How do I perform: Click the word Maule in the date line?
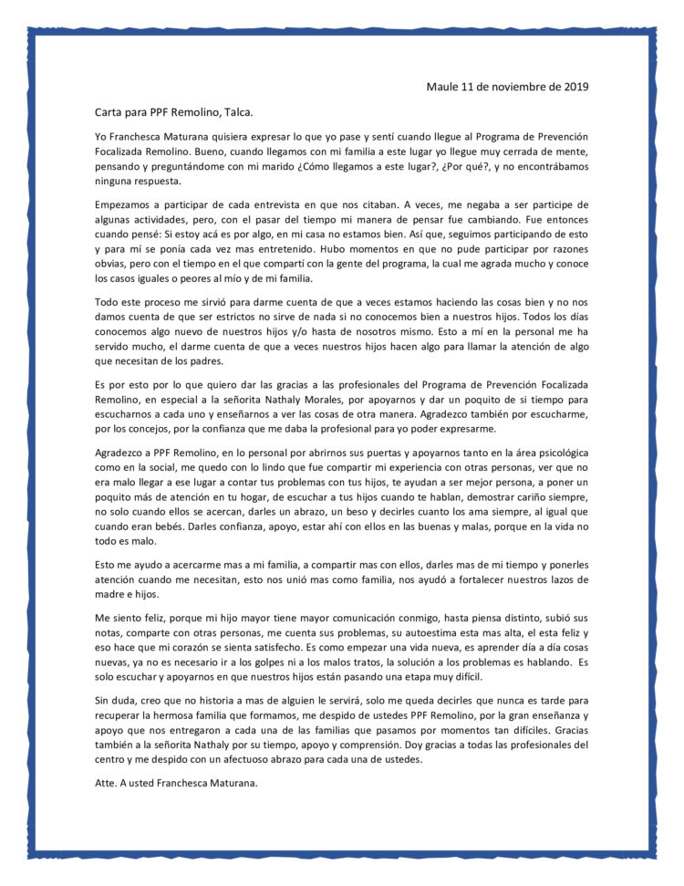[x=442, y=87]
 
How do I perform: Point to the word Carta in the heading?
[x=110, y=112]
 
